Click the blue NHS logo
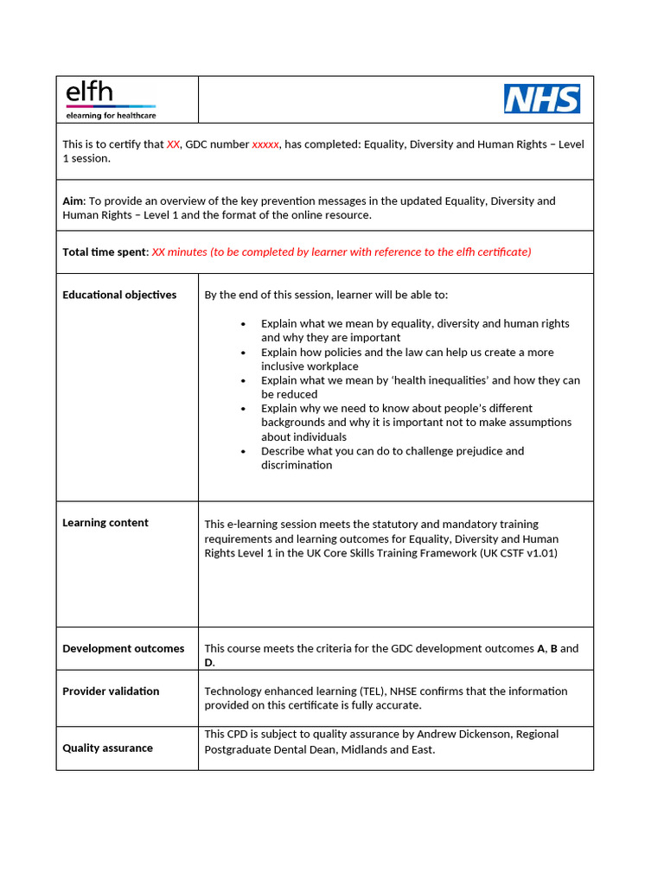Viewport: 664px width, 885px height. (542, 99)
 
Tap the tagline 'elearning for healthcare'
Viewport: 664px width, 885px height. (111, 115)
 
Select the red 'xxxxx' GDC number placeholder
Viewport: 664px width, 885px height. (265, 144)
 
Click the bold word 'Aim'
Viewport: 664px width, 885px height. (73, 201)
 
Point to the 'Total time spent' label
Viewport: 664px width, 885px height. (105, 251)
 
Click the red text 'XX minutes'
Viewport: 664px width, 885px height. (181, 251)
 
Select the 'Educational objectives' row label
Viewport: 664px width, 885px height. (119, 295)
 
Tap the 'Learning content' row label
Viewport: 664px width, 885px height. (105, 522)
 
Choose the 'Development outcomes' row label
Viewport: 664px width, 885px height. (123, 648)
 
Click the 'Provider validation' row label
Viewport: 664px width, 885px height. (111, 691)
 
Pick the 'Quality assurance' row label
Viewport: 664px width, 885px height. (107, 748)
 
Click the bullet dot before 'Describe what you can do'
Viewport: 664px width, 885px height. (243, 451)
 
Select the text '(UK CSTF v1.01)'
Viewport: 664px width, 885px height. (519, 552)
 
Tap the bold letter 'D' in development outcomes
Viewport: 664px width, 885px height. (208, 662)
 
